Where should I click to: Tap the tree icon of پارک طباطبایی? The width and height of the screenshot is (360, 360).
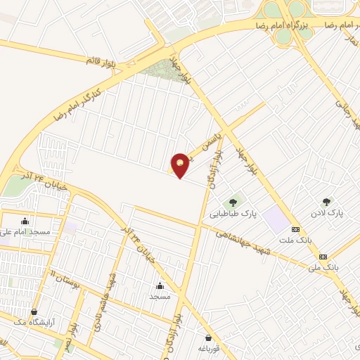click(233, 202)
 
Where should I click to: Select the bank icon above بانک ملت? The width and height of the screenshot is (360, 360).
click(295, 229)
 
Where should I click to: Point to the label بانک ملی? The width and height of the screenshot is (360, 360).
click(323, 267)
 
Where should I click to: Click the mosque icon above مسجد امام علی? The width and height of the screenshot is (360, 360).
click(26, 221)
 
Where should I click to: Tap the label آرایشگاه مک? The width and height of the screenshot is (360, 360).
click(33, 322)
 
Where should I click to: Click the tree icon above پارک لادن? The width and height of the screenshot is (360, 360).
click(325, 202)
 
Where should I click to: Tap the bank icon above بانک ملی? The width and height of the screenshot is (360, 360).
click(323, 257)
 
